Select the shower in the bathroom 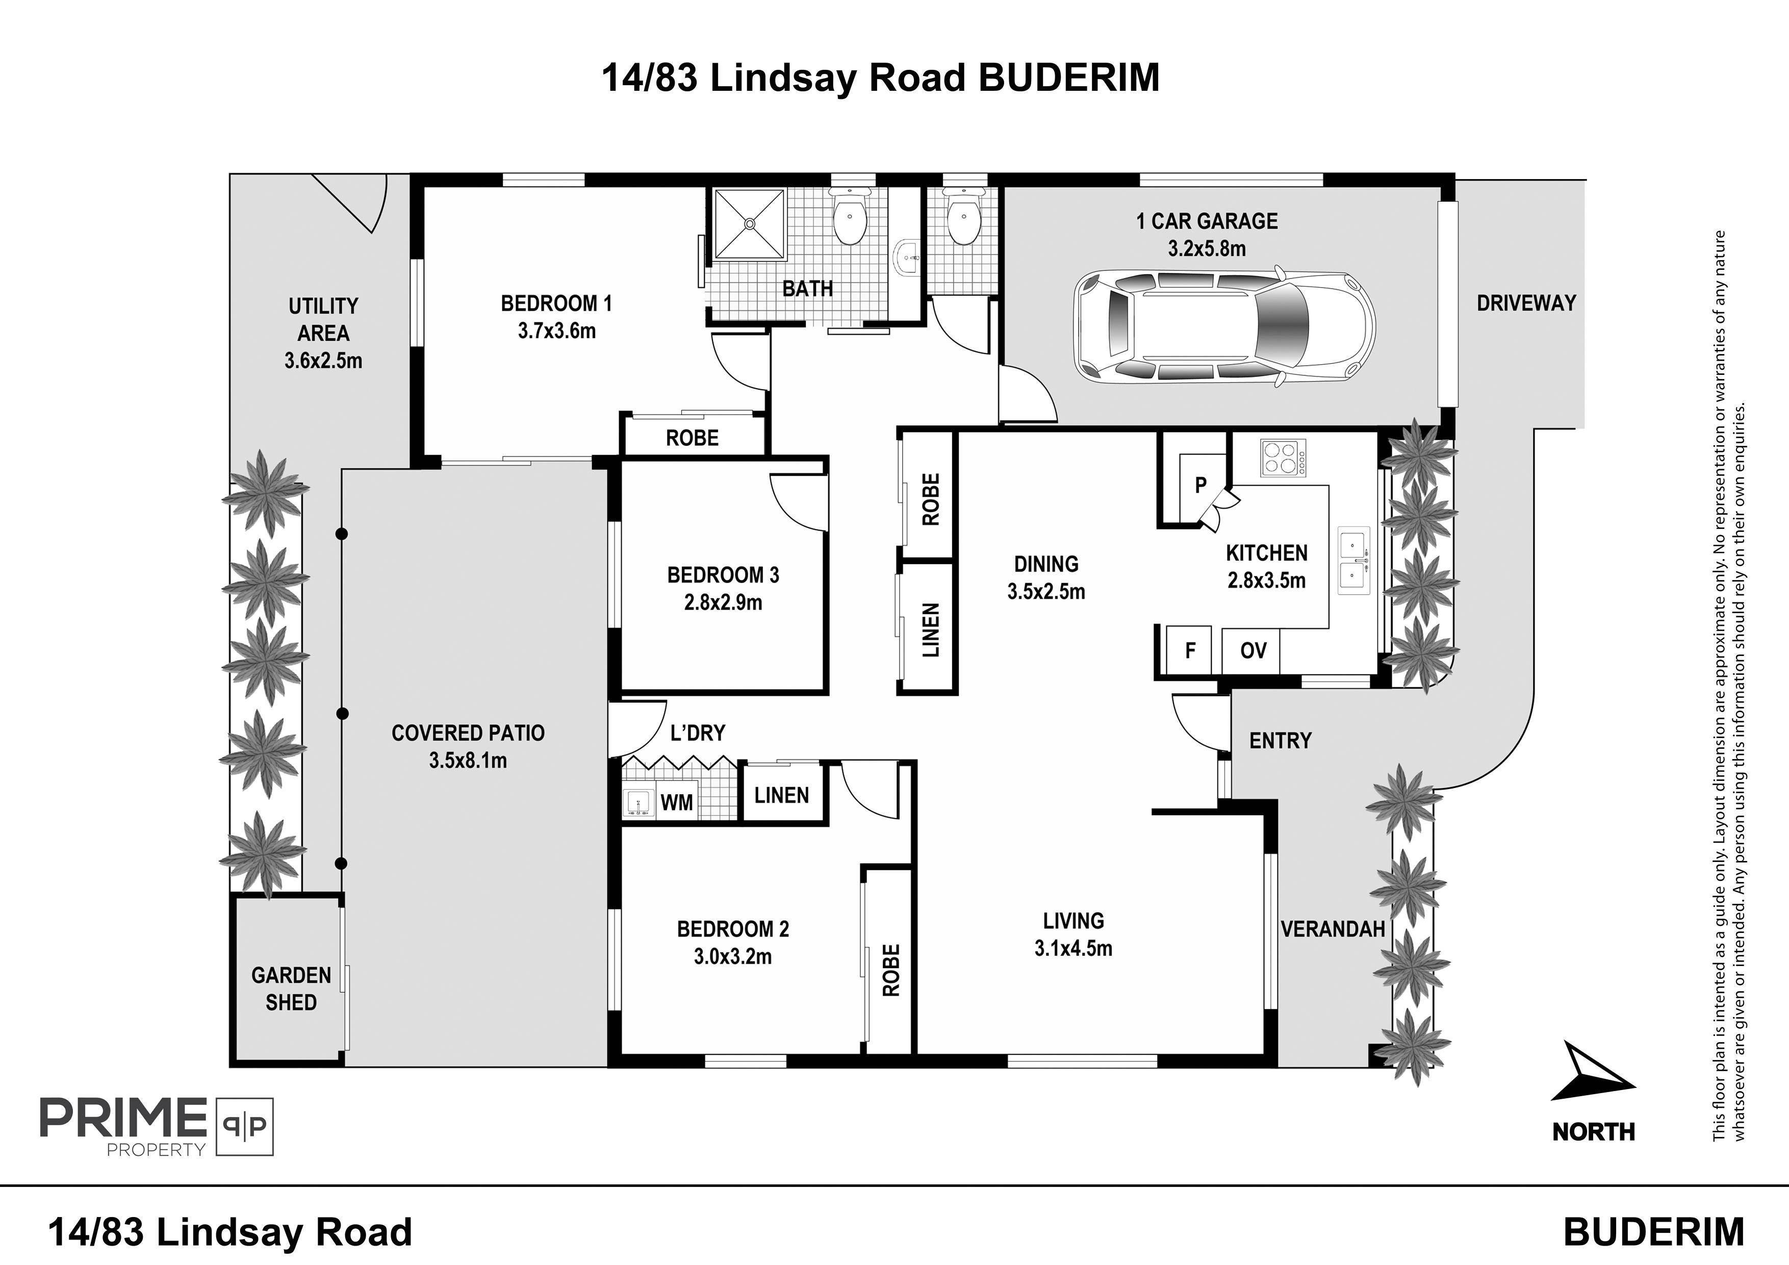[750, 223]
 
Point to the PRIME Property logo [157, 1126]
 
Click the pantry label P [1200, 485]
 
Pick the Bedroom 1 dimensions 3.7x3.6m [556, 331]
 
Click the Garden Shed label [291, 989]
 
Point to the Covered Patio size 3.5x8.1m [468, 761]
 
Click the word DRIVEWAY [1526, 303]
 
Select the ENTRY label [1280, 741]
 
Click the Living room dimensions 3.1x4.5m [1073, 949]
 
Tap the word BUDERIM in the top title [1069, 79]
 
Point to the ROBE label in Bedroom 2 [890, 970]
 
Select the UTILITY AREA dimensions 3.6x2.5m [323, 361]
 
